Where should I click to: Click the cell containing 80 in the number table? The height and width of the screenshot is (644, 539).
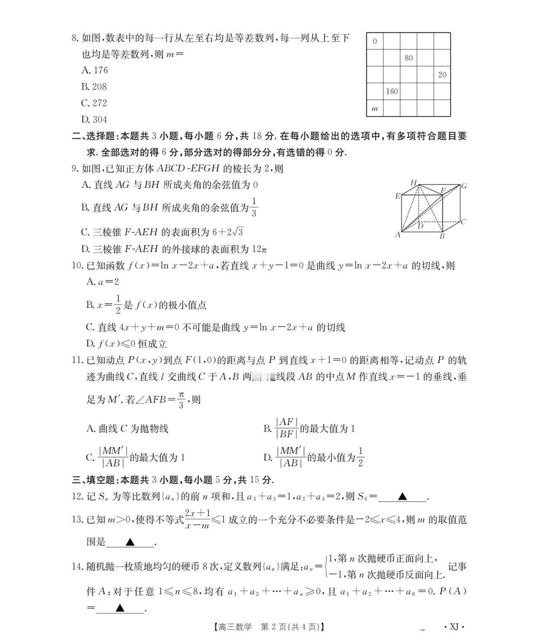click(x=408, y=58)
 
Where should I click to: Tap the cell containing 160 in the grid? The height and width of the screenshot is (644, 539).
click(x=392, y=91)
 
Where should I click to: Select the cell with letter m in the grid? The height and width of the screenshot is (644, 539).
click(x=375, y=109)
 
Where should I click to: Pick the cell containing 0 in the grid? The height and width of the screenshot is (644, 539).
click(x=375, y=41)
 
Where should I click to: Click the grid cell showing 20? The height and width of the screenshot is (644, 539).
click(x=442, y=75)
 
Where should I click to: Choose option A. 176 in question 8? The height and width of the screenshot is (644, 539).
click(x=95, y=70)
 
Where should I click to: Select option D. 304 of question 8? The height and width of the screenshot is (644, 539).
click(x=94, y=119)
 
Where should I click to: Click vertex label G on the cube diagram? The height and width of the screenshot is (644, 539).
click(x=464, y=186)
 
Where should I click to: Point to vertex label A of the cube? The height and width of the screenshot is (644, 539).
click(x=398, y=235)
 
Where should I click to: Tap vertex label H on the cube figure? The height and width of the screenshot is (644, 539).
click(x=414, y=183)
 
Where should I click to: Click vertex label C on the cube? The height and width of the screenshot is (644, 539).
click(x=463, y=222)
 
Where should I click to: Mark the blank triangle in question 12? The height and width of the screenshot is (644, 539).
click(x=403, y=497)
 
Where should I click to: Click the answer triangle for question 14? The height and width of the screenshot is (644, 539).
click(x=120, y=608)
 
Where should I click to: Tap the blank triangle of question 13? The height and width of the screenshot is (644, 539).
click(x=130, y=542)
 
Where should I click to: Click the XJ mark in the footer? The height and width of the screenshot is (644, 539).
click(x=454, y=627)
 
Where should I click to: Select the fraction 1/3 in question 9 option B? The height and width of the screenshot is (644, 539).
click(x=253, y=207)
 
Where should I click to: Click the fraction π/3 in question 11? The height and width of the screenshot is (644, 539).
click(x=181, y=400)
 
